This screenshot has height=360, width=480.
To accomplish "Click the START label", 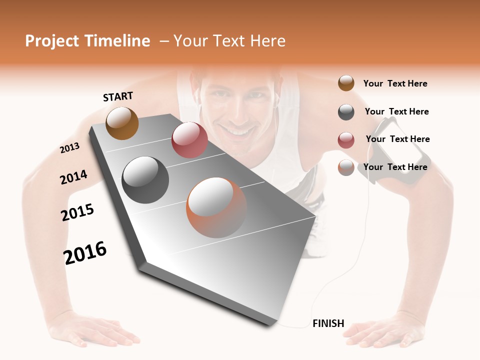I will click(x=118, y=96).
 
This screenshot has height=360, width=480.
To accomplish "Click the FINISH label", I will click(x=328, y=323).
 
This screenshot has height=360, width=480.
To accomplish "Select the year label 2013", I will click(x=69, y=148).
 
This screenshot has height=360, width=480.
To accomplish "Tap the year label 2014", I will click(x=73, y=177).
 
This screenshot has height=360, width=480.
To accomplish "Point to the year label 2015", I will click(x=77, y=212).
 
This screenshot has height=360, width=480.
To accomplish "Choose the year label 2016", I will click(x=85, y=253).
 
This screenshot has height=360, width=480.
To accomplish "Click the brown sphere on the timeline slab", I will click(x=122, y=123).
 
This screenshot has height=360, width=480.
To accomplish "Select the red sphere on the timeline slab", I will click(x=189, y=140).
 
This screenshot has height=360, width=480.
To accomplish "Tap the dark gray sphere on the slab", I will click(x=145, y=180).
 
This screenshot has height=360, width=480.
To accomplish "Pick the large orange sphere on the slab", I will click(x=216, y=207).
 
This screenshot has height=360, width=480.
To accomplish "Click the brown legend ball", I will click(x=346, y=83).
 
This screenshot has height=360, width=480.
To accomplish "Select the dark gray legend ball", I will click(x=346, y=112).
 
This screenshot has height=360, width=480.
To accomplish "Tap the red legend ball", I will click(x=346, y=140).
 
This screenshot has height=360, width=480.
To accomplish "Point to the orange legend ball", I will click(x=346, y=167).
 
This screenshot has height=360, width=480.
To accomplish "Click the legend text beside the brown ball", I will click(x=395, y=83).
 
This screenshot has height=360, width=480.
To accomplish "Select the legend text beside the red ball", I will click(x=397, y=139).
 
